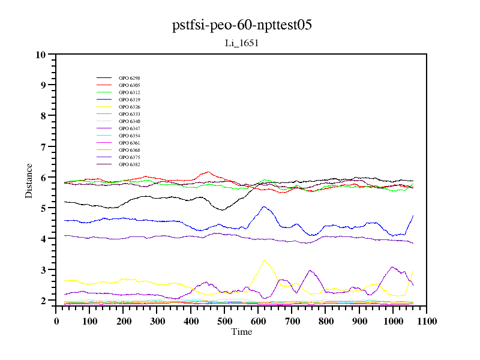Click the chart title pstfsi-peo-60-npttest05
click(x=242, y=25)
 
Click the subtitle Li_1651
click(x=241, y=43)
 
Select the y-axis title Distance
click(x=29, y=180)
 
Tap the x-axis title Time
click(x=242, y=332)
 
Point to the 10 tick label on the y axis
click(x=41, y=55)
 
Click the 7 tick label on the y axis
click(x=43, y=146)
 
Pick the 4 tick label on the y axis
click(x=43, y=239)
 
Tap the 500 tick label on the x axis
click(x=224, y=321)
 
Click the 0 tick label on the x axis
click(x=56, y=321)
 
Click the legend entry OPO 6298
click(x=129, y=78)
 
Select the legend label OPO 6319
click(x=129, y=100)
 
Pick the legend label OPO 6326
click(x=129, y=107)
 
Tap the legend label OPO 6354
click(x=129, y=136)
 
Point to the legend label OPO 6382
click(x=129, y=164)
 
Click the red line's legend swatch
click(x=104, y=85)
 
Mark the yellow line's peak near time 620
click(x=264, y=260)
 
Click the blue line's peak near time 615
click(x=264, y=206)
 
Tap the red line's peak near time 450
click(x=208, y=172)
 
